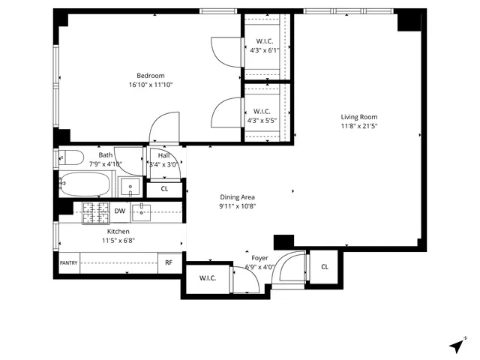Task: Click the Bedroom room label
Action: coord(151,75)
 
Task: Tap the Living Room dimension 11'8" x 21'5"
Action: coord(358,127)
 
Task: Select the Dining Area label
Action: coord(237,196)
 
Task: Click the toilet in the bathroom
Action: coord(71,158)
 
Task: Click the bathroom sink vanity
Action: coord(130,187)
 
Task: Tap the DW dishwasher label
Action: coord(120,211)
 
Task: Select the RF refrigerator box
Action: coord(169,262)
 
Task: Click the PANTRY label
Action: coord(68,262)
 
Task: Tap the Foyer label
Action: coord(260,257)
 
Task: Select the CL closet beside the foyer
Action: coord(324,267)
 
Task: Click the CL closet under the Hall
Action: coord(165,188)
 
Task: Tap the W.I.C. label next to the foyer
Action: coord(208,279)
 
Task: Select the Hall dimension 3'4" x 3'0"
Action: coord(163,164)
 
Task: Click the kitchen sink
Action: coord(143,212)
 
